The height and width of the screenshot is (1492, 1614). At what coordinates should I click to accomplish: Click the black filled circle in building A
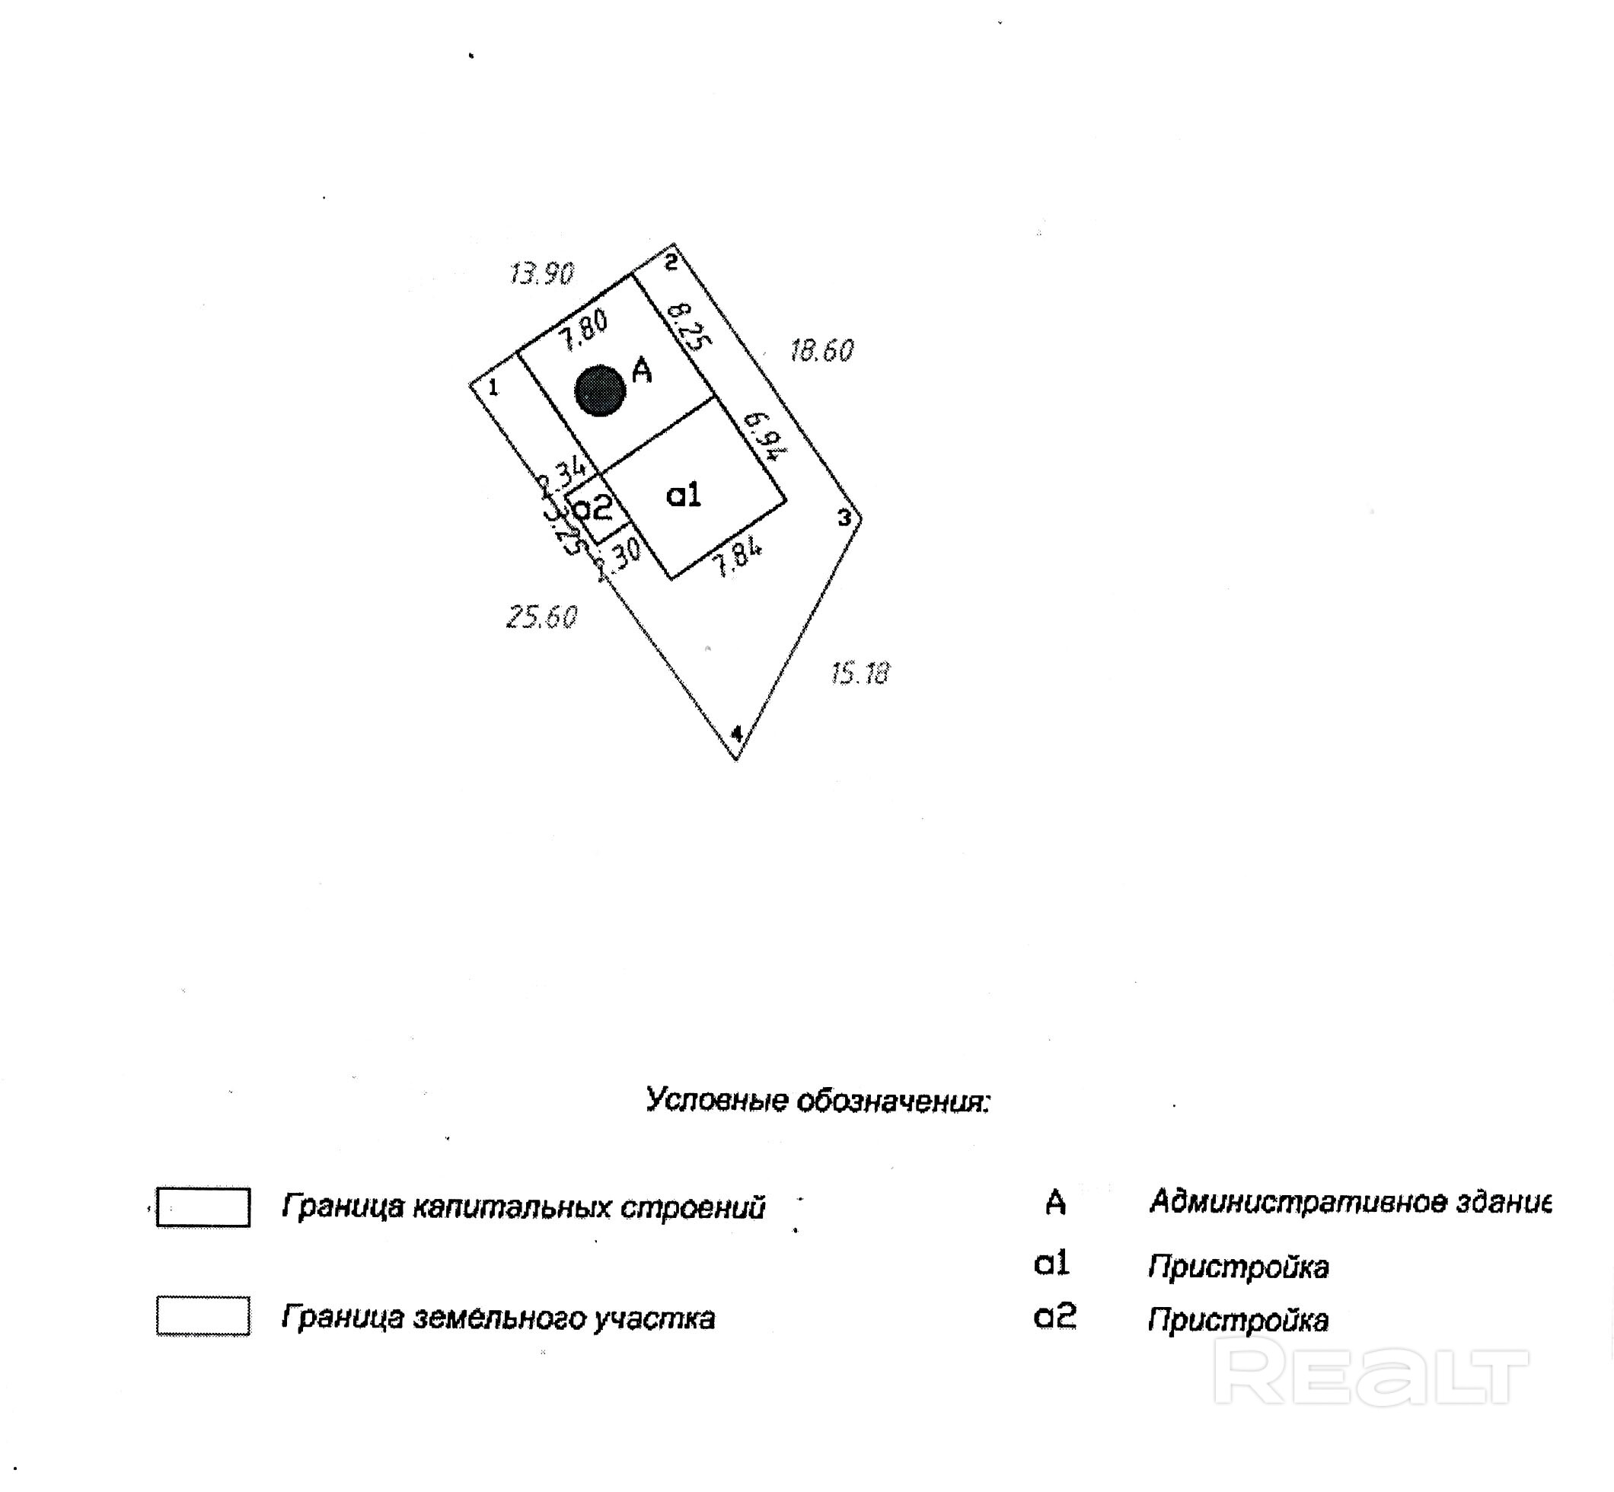tap(600, 391)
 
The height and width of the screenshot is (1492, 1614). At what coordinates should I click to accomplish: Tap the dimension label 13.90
tap(542, 274)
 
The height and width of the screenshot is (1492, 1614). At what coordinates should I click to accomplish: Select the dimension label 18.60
tap(821, 350)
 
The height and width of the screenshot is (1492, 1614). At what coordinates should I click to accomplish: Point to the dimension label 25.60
tap(542, 617)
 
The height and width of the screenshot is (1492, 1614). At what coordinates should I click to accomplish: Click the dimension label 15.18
tap(860, 672)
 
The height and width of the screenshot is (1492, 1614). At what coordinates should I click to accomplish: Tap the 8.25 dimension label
tap(689, 325)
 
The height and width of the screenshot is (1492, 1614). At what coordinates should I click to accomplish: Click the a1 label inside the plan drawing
tap(684, 495)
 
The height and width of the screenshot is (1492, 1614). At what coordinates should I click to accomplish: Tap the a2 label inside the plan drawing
tap(592, 508)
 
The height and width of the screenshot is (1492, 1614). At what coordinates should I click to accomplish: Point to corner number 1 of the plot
tap(493, 387)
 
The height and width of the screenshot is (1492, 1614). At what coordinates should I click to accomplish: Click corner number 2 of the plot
tap(671, 262)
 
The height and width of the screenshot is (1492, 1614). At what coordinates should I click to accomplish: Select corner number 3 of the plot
tap(844, 518)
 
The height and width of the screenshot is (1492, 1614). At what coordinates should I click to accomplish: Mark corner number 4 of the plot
tap(735, 734)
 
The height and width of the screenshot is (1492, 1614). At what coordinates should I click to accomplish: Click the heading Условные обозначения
tap(817, 1101)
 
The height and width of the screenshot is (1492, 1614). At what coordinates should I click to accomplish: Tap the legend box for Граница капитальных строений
tap(203, 1207)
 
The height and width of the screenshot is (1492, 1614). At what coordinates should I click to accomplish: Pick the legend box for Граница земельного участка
tap(203, 1316)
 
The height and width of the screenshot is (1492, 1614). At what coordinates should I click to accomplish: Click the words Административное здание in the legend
tap(1349, 1202)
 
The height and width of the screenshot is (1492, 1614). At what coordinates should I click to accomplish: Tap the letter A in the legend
tap(1054, 1203)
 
